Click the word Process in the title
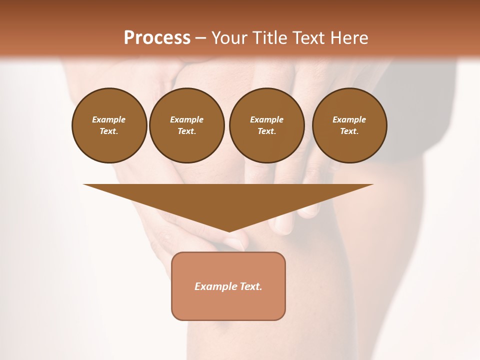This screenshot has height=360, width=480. pyautogui.click(x=157, y=38)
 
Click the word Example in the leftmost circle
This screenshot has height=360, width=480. pyautogui.click(x=109, y=119)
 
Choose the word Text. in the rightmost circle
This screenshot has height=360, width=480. pyautogui.click(x=349, y=131)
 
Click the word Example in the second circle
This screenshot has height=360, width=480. pyautogui.click(x=187, y=119)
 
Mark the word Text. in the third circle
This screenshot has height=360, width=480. pyautogui.click(x=267, y=131)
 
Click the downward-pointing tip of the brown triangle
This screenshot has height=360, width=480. pyautogui.click(x=229, y=230)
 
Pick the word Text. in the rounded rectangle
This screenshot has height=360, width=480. pyautogui.click(x=251, y=286)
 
